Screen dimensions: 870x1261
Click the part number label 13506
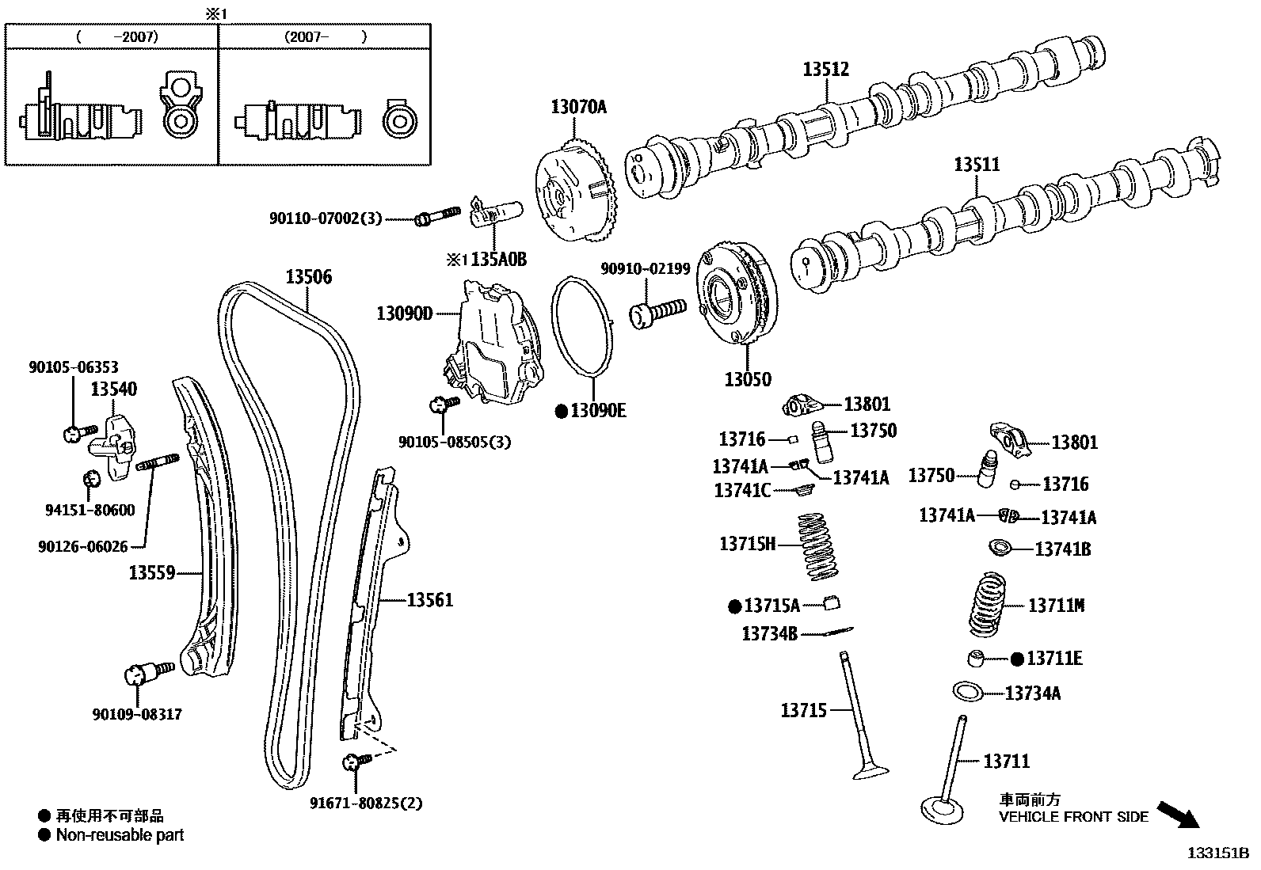pyautogui.click(x=308, y=277)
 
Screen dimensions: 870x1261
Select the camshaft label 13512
pyautogui.click(x=825, y=70)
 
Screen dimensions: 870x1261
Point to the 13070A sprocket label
pyautogui.click(x=578, y=107)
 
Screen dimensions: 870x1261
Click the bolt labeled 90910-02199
pyautogui.click(x=657, y=311)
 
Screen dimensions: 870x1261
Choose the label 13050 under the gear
pyautogui.click(x=747, y=379)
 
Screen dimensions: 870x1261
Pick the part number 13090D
pyautogui.click(x=404, y=314)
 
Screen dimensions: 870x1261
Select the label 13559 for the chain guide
pyautogui.click(x=152, y=572)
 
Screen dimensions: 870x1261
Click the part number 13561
pyautogui.click(x=430, y=600)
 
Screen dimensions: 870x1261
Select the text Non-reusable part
pyautogui.click(x=120, y=835)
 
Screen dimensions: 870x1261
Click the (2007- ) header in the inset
pyautogui.click(x=325, y=36)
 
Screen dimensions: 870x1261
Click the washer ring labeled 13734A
pyautogui.click(x=968, y=692)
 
